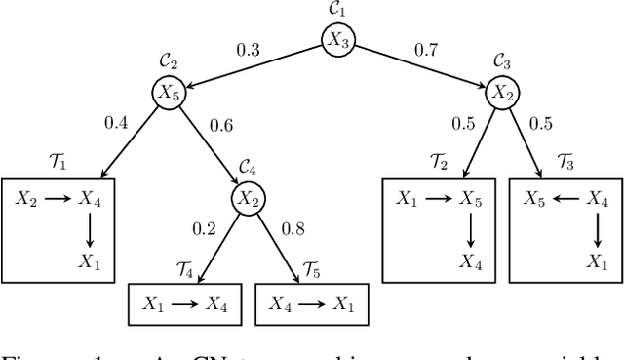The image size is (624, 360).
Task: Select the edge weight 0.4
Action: coord(116,123)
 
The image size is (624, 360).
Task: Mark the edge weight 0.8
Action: coord(293,230)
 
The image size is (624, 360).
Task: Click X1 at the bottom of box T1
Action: coord(90,261)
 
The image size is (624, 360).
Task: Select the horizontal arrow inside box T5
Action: coord(311,303)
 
